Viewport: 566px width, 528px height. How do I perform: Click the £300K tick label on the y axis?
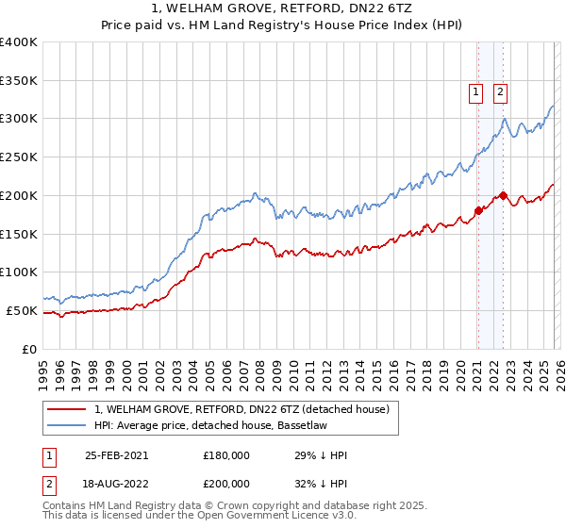click(x=19, y=119)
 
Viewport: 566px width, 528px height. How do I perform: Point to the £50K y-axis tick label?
click(x=22, y=310)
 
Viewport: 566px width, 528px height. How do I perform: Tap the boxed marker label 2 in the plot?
click(x=499, y=91)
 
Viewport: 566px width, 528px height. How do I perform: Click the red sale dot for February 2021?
click(x=478, y=210)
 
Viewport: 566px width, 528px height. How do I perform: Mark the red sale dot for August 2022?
click(x=503, y=195)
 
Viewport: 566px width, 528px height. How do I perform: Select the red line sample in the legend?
click(x=68, y=409)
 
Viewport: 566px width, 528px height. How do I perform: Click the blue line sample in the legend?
click(x=68, y=426)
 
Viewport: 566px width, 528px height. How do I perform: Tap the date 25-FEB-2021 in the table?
click(x=116, y=455)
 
